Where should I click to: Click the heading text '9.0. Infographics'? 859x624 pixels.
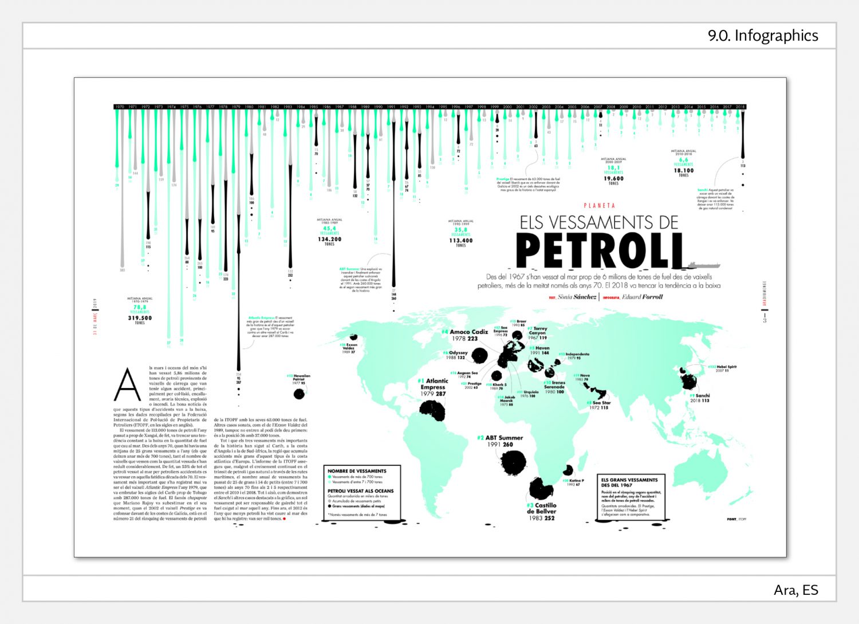click(763, 36)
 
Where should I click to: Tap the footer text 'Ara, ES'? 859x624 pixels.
click(796, 590)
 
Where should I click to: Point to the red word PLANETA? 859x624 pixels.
click(600, 205)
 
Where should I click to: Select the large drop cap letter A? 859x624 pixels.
click(127, 386)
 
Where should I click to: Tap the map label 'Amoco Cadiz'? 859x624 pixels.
click(468, 332)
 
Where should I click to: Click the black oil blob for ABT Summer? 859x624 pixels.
click(513, 462)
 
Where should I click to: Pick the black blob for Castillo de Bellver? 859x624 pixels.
click(540, 489)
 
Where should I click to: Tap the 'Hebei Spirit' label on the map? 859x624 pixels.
click(726, 367)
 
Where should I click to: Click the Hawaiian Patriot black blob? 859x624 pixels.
click(298, 394)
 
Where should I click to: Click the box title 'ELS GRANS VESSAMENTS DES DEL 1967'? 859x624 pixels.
click(629, 482)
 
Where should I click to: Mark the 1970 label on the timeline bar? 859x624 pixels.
click(119, 107)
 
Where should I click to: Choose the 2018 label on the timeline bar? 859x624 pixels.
click(740, 107)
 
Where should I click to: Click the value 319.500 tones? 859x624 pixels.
click(140, 318)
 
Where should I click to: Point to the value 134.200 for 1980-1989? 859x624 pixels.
click(329, 239)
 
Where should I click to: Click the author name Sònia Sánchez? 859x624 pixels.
click(577, 297)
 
